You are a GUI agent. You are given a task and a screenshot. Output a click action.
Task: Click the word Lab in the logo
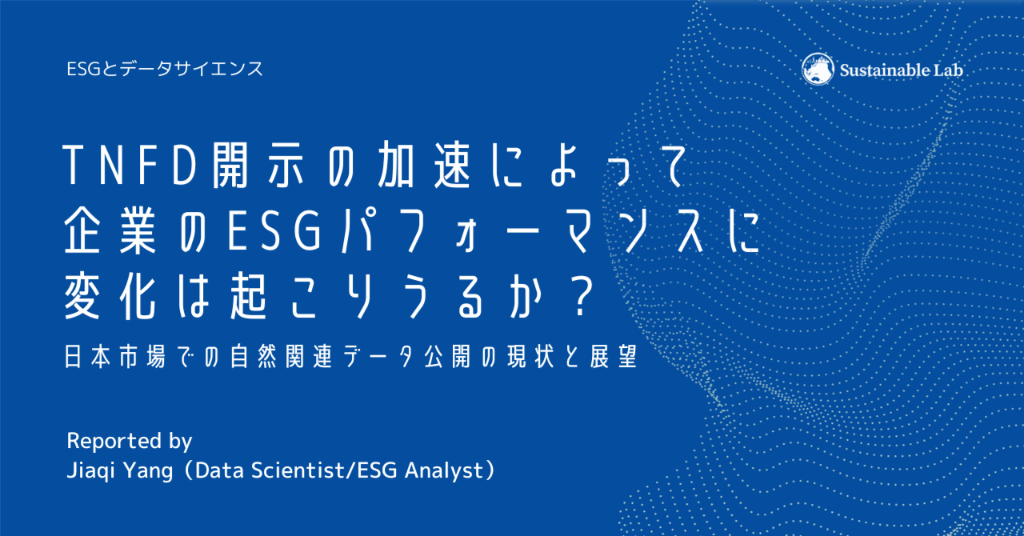949,70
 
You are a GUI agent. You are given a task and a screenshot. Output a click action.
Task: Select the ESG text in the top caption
84,69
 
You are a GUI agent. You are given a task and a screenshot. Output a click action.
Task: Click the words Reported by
130,441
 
